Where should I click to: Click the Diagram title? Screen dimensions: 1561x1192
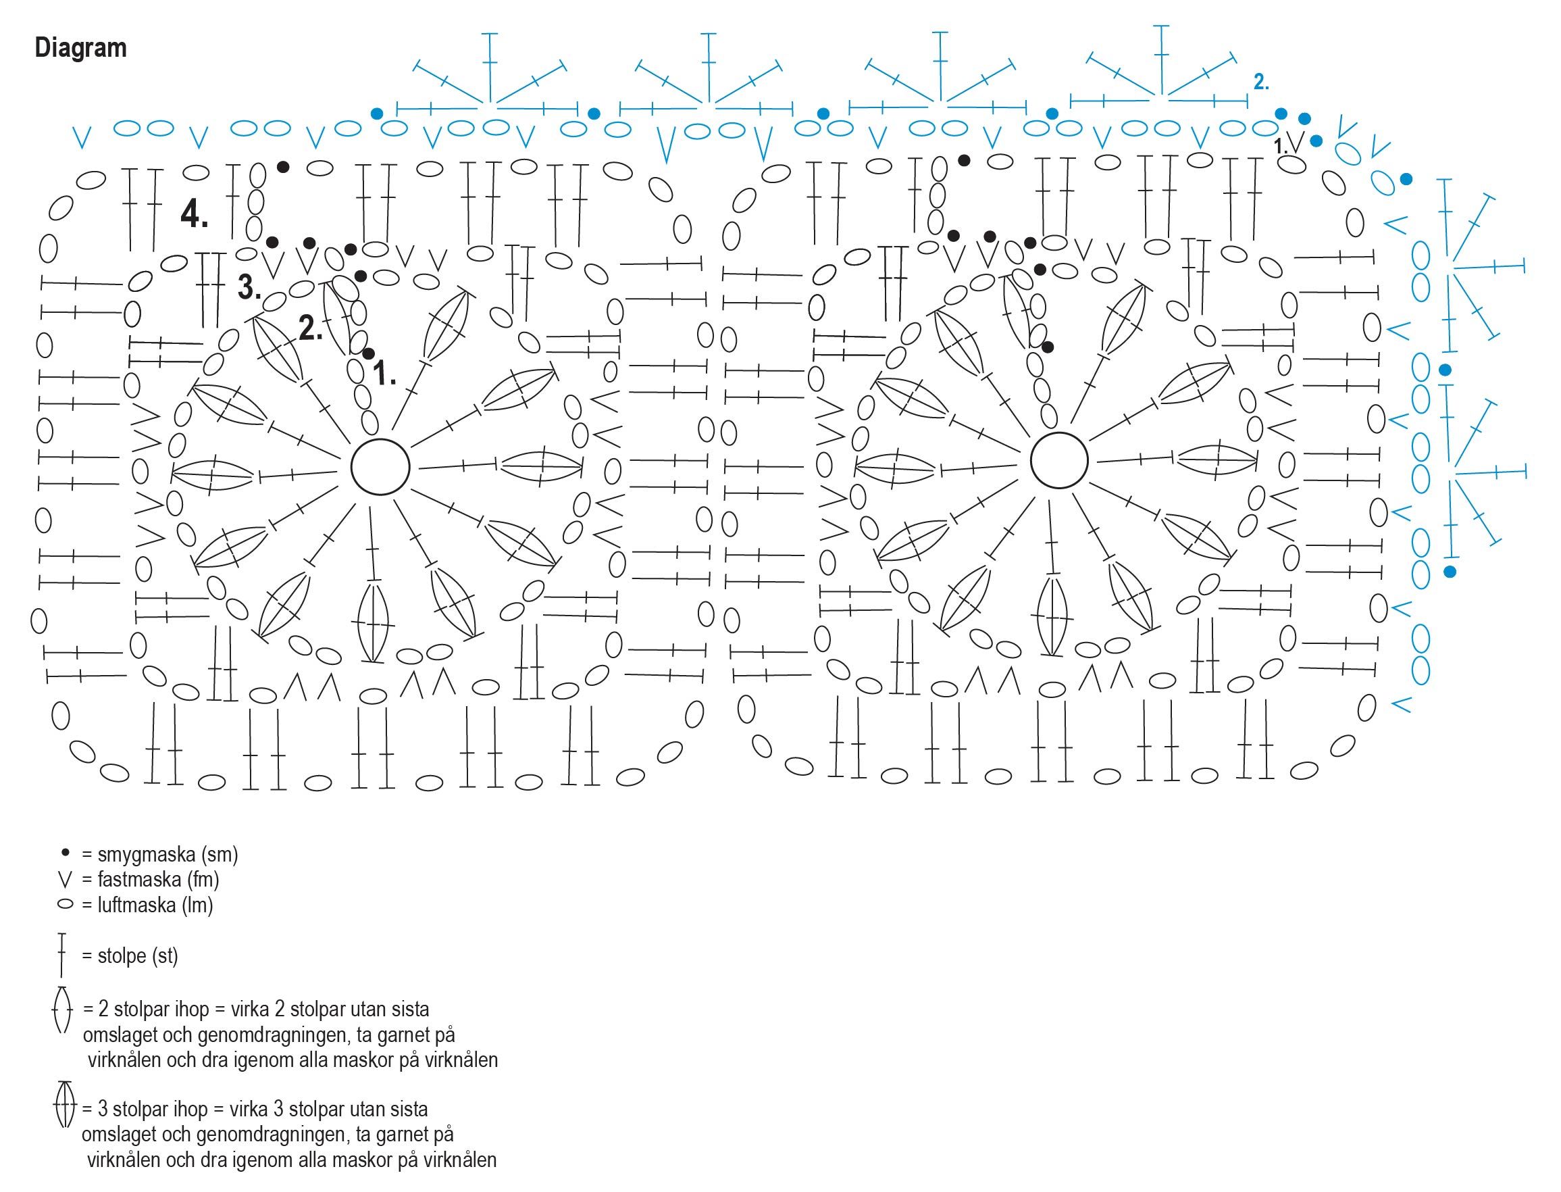tap(81, 48)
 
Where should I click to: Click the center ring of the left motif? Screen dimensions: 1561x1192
tap(380, 467)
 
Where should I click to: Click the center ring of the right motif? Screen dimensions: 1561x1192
tap(1059, 461)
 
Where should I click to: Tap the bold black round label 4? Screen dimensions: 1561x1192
tap(195, 213)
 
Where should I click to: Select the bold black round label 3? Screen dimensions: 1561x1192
tap(249, 287)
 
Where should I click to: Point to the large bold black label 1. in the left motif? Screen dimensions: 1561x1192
tap(384, 372)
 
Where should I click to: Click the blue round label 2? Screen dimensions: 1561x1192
tap(1261, 82)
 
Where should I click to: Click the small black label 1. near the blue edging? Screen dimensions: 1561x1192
tap(1280, 147)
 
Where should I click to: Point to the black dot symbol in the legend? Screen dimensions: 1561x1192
tap(66, 851)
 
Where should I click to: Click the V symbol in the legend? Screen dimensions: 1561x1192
tap(66, 880)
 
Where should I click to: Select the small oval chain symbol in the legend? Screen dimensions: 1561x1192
tap(66, 905)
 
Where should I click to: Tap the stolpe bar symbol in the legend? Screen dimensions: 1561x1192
tap(61, 955)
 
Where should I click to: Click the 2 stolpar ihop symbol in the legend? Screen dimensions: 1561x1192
tap(62, 1009)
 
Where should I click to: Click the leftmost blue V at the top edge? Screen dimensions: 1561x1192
tap(83, 137)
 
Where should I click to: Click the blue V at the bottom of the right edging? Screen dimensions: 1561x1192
tap(1401, 705)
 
